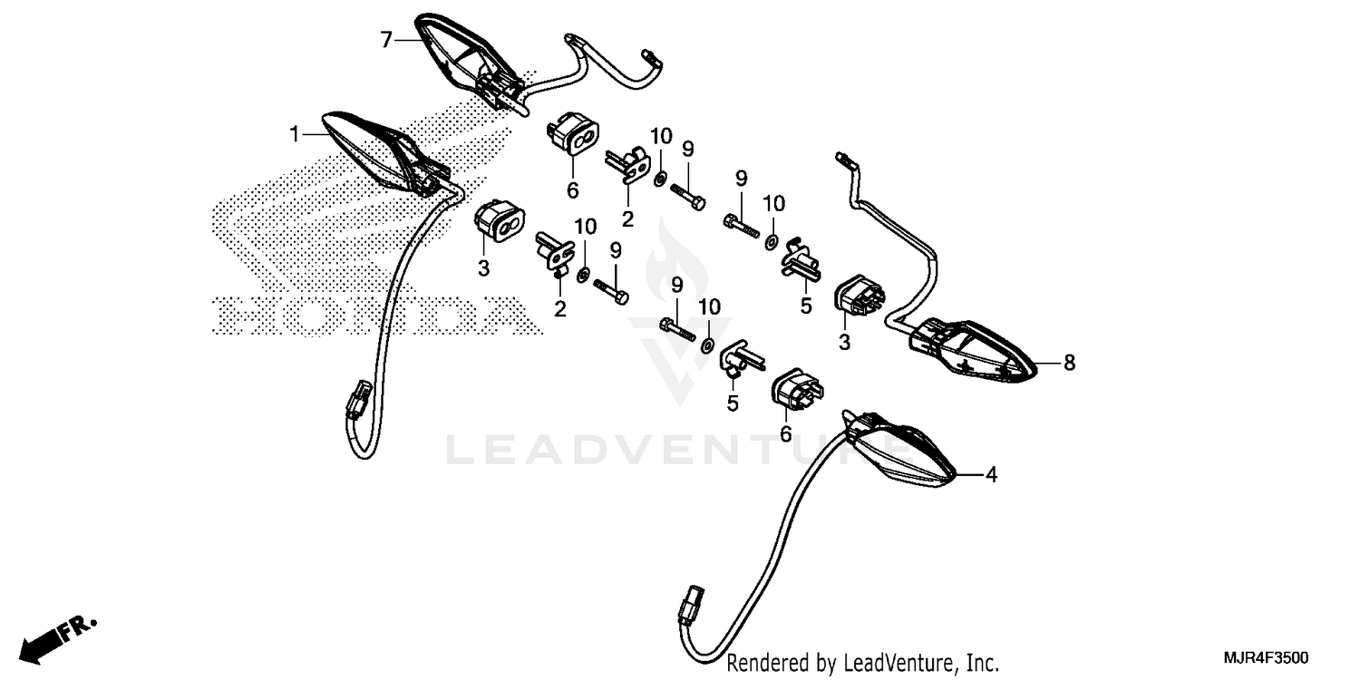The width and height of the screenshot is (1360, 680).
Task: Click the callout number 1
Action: tap(295, 134)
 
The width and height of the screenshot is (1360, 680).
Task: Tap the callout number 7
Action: tap(386, 41)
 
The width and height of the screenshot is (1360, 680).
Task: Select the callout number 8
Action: tap(1069, 363)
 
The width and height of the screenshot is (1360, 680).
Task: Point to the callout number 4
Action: tap(991, 475)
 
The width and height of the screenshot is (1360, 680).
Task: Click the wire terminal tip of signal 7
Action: tap(654, 58)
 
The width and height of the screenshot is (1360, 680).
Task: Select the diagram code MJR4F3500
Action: tap(1267, 658)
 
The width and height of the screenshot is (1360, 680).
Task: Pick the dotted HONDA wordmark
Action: tap(376, 316)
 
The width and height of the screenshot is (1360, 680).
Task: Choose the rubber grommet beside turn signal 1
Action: tap(500, 219)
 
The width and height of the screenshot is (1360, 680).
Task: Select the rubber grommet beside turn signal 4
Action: tap(797, 389)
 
